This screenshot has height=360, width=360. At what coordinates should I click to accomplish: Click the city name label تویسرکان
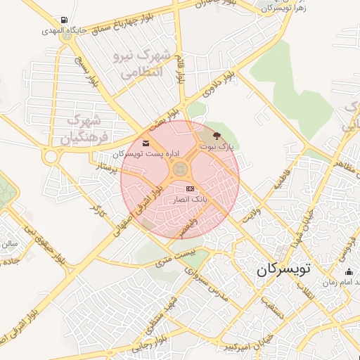coord(283,269)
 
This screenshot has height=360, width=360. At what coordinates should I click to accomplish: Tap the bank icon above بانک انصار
coord(191,189)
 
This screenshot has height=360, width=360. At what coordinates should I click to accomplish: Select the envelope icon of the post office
coord(146,144)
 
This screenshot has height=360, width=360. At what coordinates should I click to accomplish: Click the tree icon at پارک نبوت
coord(216,135)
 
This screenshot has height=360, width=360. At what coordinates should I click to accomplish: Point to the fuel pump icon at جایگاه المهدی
coord(65,20)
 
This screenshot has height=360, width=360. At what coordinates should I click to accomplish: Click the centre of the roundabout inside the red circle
coord(180,169)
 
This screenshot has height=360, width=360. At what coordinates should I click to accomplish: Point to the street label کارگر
coord(97,209)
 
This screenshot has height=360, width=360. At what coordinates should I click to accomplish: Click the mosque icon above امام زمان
coord(349,271)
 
